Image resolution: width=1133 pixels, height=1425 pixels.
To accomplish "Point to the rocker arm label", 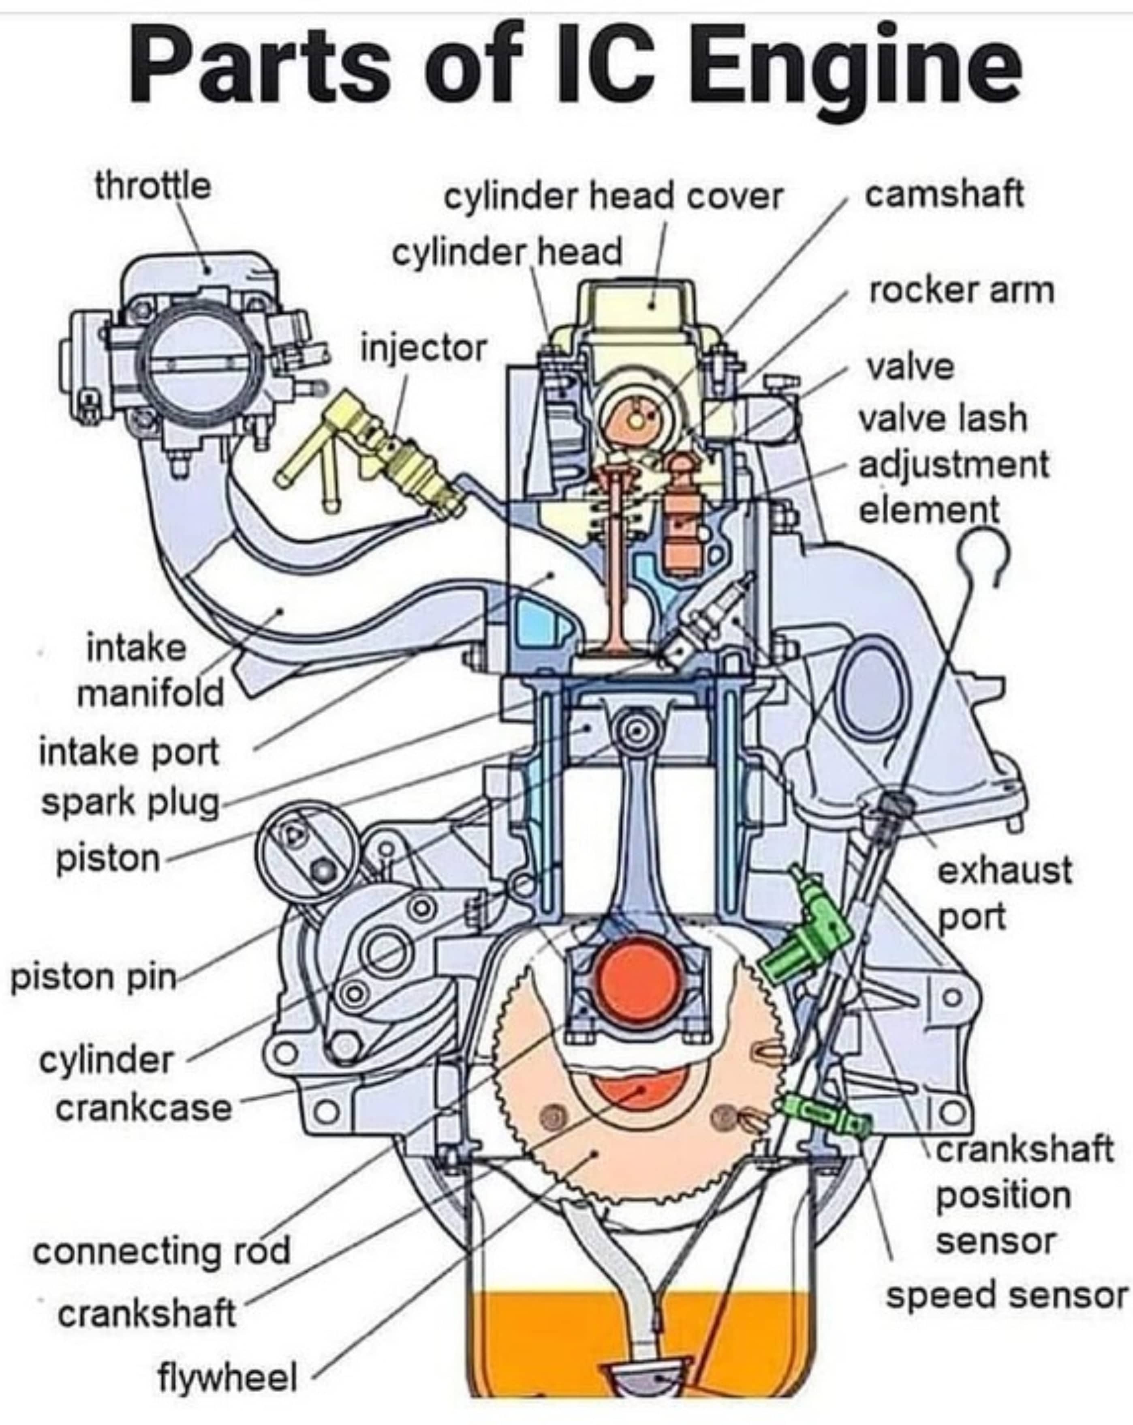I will [x=961, y=291].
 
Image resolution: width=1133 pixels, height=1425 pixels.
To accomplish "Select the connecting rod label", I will [x=162, y=1251].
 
